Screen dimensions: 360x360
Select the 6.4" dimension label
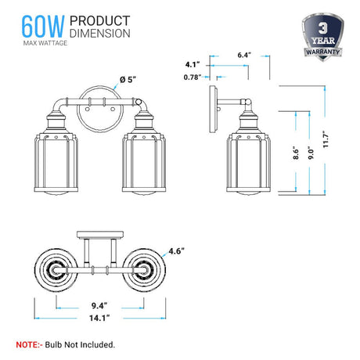click(243, 56)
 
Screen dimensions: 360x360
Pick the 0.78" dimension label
click(190, 77)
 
